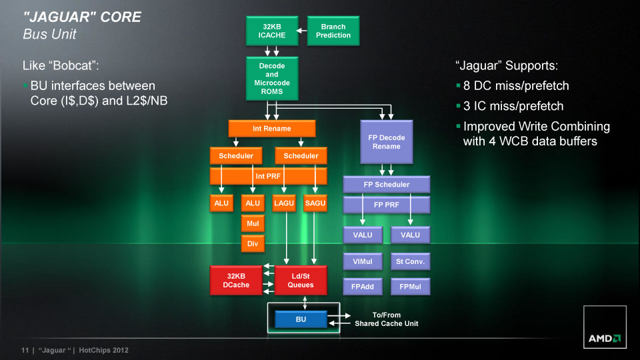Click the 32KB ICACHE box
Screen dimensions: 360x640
(x=271, y=31)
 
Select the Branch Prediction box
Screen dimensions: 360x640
(x=333, y=31)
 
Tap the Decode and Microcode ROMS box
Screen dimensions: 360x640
(x=271, y=79)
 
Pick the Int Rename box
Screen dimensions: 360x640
(x=271, y=128)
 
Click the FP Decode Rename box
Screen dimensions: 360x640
(x=387, y=142)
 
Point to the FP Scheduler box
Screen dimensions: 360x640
(x=387, y=184)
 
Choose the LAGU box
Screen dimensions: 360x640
(x=285, y=203)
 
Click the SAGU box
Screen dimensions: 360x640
(x=315, y=203)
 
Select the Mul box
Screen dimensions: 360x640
(x=253, y=223)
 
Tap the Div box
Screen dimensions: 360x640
(x=253, y=244)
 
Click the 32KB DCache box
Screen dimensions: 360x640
(x=237, y=281)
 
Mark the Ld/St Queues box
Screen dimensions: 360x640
(x=300, y=281)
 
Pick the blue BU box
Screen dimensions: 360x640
(x=301, y=320)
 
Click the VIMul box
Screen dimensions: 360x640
(x=363, y=261)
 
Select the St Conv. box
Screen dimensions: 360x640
(x=410, y=261)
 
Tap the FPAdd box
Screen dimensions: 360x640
(x=363, y=287)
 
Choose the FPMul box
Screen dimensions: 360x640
(x=410, y=287)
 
